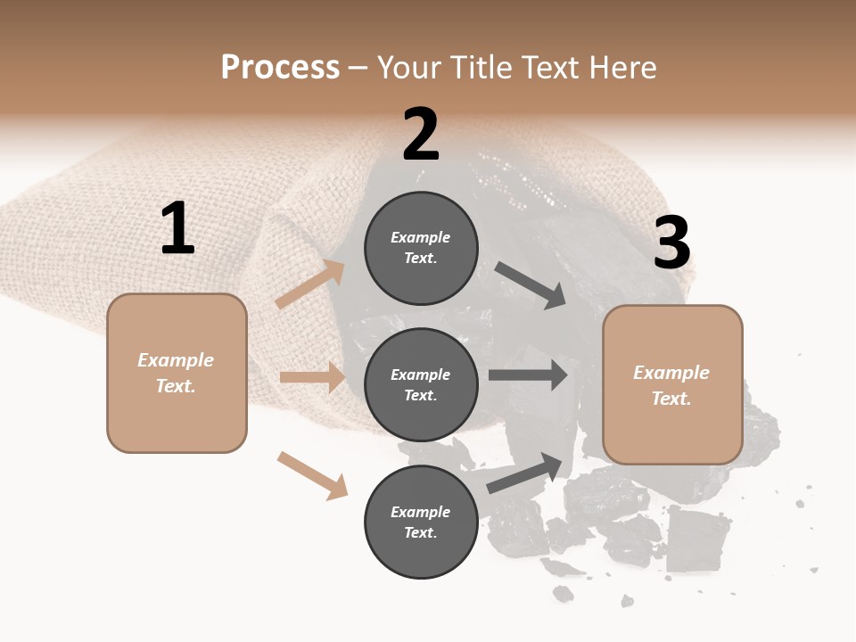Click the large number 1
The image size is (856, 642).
coord(177,229)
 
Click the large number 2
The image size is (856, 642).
coord(421,135)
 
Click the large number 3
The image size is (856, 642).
coord(671,244)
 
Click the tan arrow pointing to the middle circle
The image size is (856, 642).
coord(312,378)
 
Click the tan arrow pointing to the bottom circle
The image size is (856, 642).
coord(313,475)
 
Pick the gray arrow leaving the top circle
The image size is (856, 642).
coord(531,285)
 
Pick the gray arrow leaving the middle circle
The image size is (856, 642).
coord(528,374)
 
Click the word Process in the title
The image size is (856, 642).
coord(280,67)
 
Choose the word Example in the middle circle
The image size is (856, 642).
coord(421,374)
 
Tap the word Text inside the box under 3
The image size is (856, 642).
coord(671,399)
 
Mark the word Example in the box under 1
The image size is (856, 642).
coord(176,360)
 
